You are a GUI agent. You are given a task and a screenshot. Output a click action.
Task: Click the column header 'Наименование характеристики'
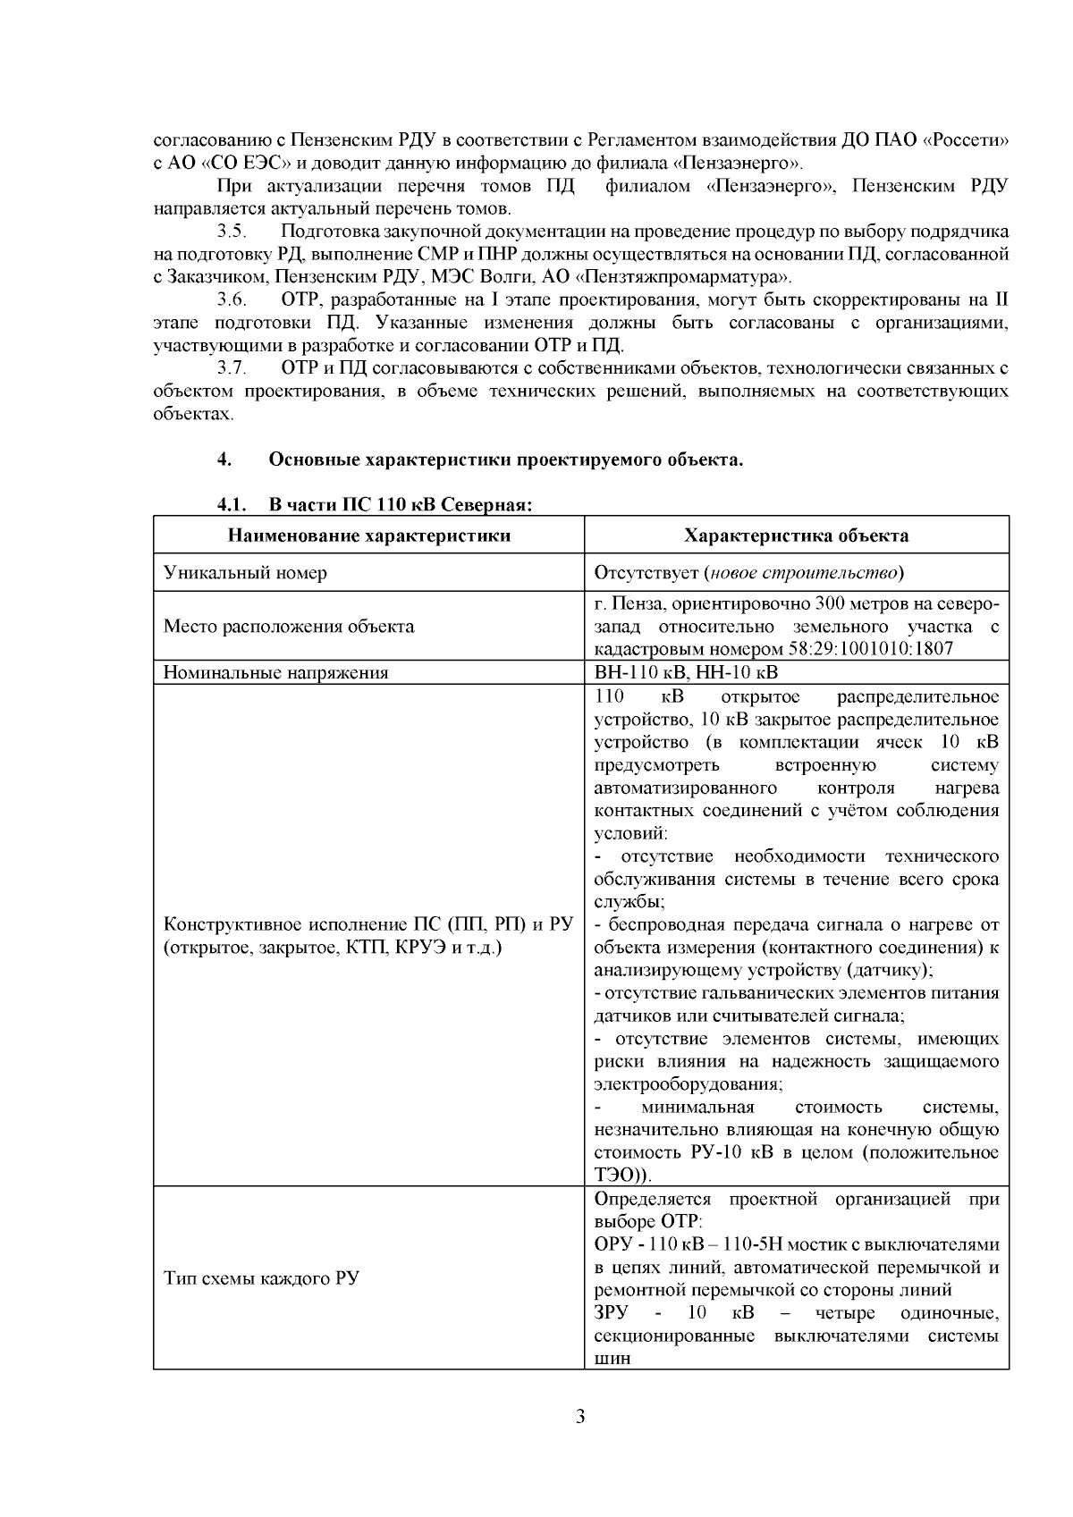click(x=369, y=535)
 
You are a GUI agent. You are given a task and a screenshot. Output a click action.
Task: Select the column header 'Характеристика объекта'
click(x=796, y=535)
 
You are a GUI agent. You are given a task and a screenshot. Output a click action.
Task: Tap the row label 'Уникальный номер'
click(x=245, y=572)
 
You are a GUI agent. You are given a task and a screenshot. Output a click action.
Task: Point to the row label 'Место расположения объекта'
click(x=289, y=626)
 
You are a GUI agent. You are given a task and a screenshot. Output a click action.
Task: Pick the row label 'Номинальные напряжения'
click(x=275, y=672)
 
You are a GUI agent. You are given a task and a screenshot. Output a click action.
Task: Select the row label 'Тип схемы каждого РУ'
click(x=261, y=1277)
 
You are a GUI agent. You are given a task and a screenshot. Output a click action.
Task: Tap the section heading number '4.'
click(x=224, y=460)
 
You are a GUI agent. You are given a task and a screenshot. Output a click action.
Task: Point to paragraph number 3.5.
click(x=232, y=232)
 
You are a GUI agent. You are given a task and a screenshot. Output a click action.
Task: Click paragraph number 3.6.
click(x=232, y=299)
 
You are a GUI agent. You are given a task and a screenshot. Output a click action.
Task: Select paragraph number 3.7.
click(x=232, y=367)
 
